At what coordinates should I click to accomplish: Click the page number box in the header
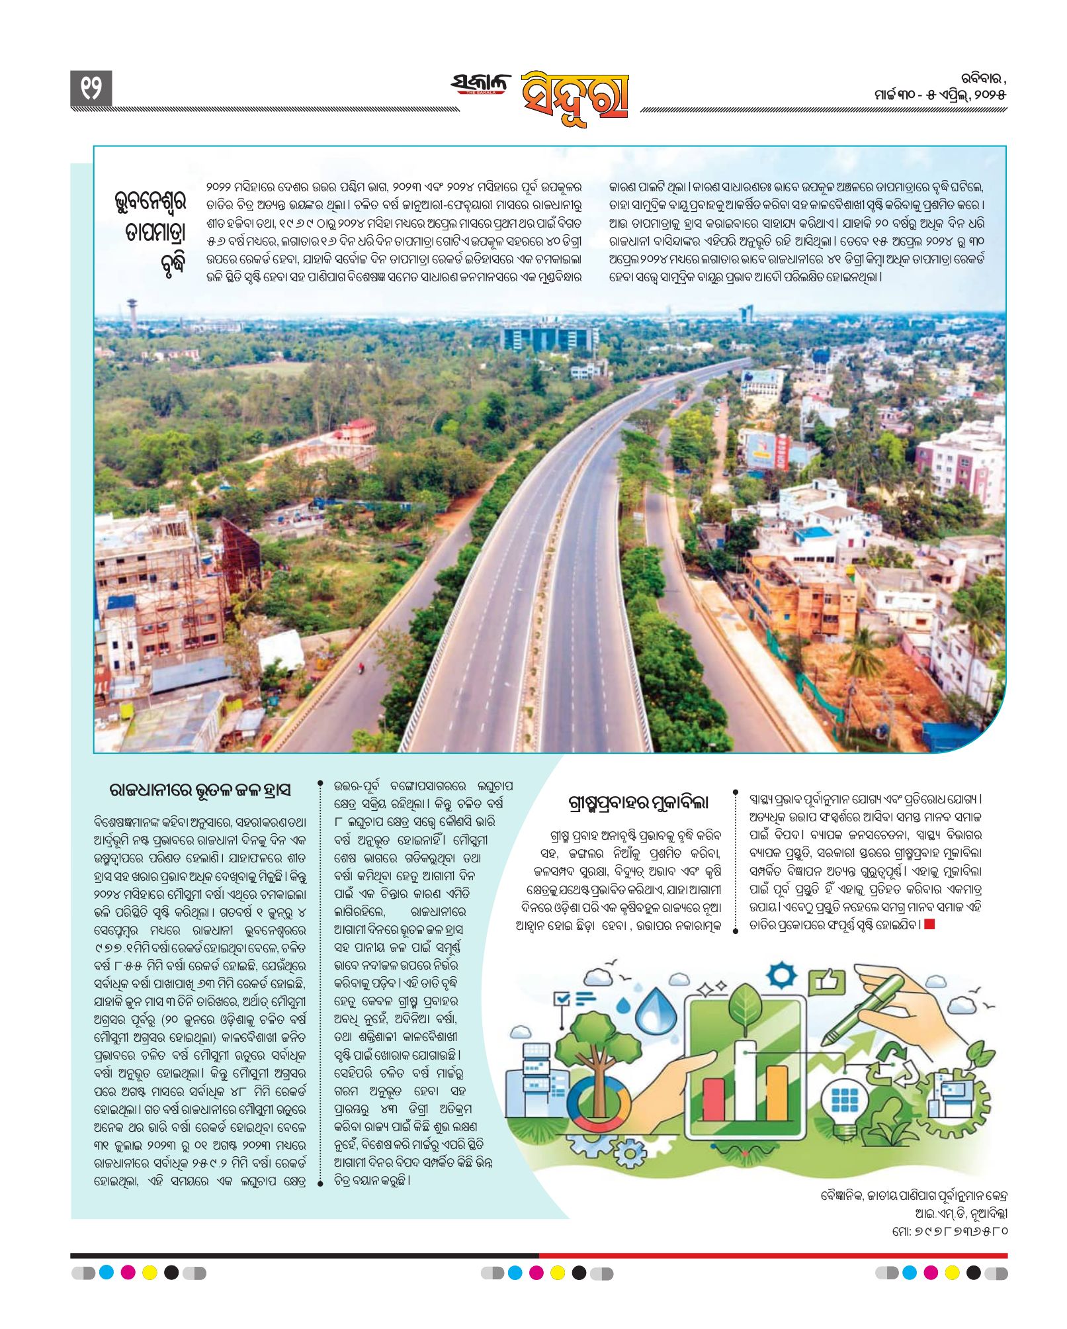click(x=91, y=89)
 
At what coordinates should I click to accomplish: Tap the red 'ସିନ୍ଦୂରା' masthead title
click(x=574, y=98)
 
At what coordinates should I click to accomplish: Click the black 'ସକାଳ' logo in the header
click(x=481, y=85)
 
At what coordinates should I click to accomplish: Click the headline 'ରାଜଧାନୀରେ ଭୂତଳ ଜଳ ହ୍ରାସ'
click(x=200, y=790)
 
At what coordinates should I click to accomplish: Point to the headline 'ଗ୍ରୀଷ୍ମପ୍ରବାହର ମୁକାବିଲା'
click(x=638, y=803)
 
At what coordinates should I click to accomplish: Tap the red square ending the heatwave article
click(x=929, y=924)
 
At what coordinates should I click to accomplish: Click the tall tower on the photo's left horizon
click(x=132, y=315)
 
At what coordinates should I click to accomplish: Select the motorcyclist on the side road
click(x=361, y=668)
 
